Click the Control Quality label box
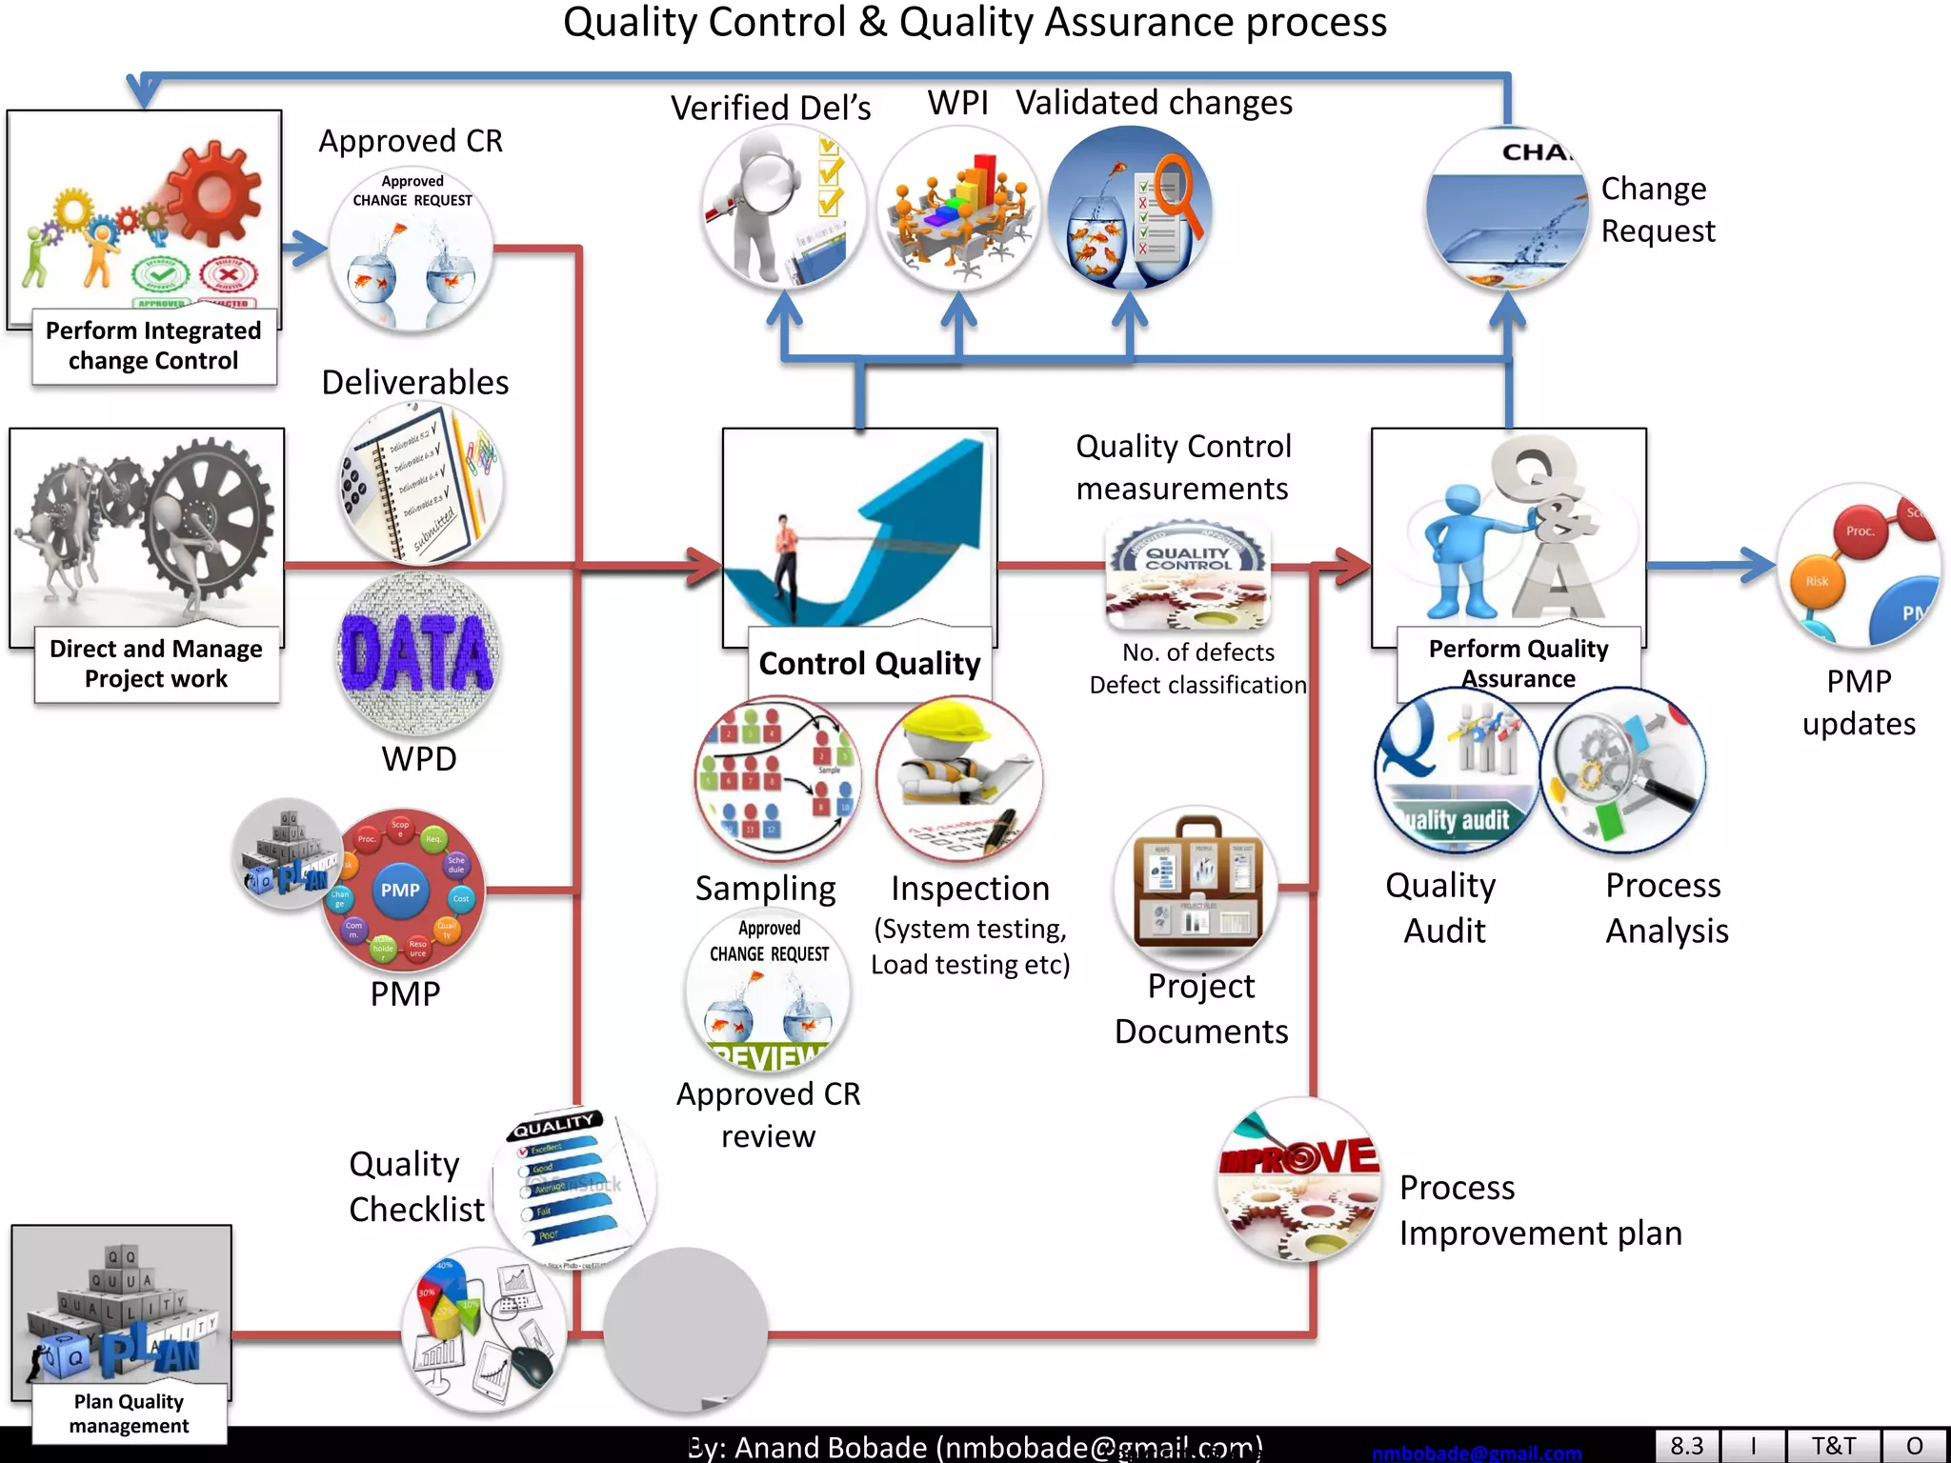pos(869,664)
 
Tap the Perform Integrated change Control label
pos(153,346)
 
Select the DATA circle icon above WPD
pos(418,653)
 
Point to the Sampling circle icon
pos(776,778)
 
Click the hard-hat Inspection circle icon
pos(958,778)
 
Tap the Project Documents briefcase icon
pos(1197,888)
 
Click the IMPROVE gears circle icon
pos(1299,1180)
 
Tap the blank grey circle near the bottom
pos(685,1331)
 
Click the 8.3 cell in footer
pos(1686,1446)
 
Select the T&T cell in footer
pos(1832,1446)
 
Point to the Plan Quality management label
pos(130,1413)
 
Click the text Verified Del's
pos(771,109)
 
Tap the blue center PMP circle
pos(400,890)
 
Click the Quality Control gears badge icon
pos(1188,574)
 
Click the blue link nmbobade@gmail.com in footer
pos(1476,1453)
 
